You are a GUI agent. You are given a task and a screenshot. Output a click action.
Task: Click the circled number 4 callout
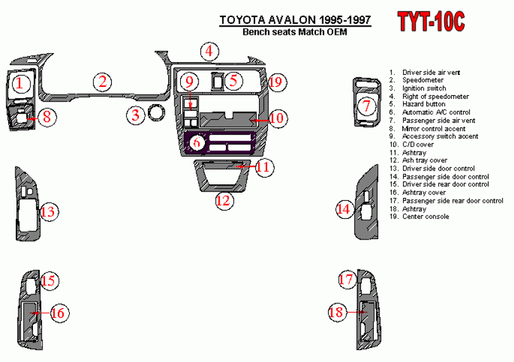[x=208, y=51]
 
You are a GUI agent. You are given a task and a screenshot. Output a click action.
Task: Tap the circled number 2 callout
[x=103, y=81]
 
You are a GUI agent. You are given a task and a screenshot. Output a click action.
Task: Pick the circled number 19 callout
[x=275, y=82]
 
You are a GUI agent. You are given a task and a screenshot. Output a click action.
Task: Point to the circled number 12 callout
[x=223, y=201]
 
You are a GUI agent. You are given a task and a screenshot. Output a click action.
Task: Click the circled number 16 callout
[x=57, y=313]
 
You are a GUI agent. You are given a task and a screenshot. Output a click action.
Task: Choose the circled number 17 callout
[x=346, y=280]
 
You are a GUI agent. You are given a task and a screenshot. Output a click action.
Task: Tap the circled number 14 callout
[x=343, y=209]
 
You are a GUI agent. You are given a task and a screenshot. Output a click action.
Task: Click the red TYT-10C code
[x=432, y=22]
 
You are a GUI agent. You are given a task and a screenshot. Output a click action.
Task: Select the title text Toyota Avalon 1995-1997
[x=295, y=20]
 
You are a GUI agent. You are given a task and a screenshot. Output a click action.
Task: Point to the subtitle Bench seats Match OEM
[x=295, y=32]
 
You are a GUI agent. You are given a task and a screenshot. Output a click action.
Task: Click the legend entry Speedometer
[x=423, y=81]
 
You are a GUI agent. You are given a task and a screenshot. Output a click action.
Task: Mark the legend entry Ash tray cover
[x=425, y=160]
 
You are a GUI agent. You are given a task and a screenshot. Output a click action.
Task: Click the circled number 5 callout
[x=234, y=80]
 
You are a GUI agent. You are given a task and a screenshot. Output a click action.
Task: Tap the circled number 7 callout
[x=366, y=106]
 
